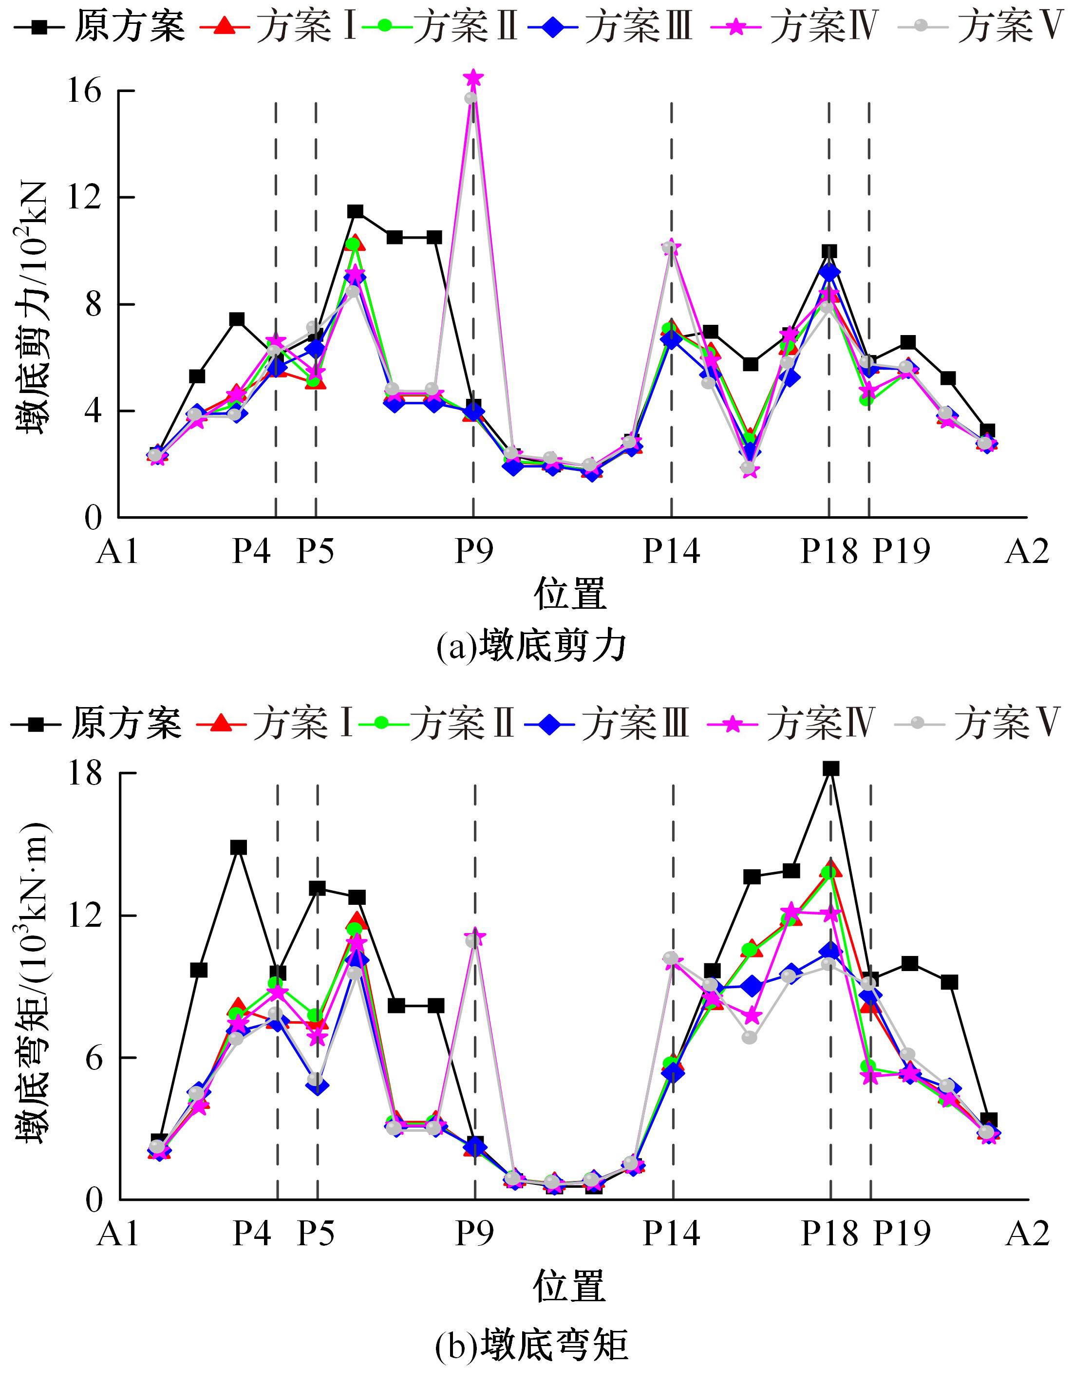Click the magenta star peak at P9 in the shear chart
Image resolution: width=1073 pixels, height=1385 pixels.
[473, 78]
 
